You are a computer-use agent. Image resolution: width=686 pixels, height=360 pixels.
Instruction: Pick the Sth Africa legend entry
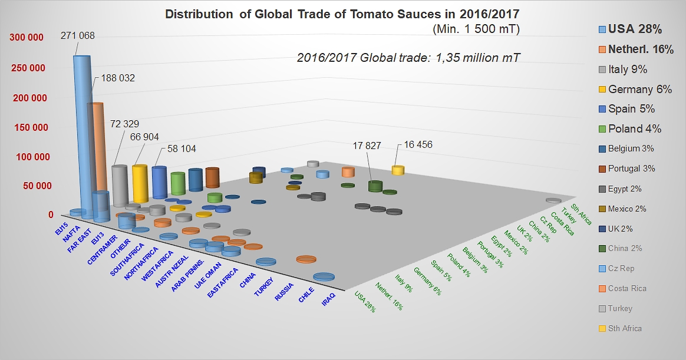(625, 328)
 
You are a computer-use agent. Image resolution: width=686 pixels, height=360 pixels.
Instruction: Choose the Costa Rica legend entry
(626, 288)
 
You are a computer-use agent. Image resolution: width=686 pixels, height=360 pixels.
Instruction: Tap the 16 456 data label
(418, 145)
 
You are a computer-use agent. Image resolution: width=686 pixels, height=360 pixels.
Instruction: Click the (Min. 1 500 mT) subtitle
(475, 28)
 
